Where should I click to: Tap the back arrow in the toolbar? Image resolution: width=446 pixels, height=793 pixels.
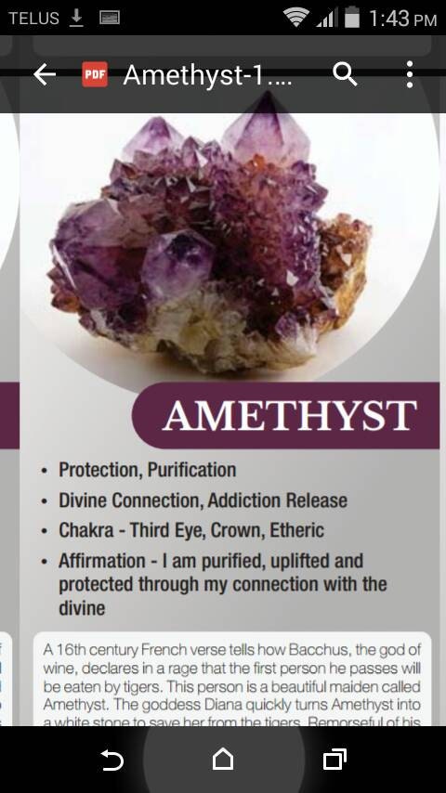click(x=45, y=75)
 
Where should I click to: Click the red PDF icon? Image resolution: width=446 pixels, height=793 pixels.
click(x=95, y=74)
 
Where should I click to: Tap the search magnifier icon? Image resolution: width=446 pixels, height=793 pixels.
click(x=345, y=74)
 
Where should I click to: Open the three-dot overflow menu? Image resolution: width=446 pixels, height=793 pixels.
click(x=409, y=74)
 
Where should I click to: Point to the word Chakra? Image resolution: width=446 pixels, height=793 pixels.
click(x=86, y=530)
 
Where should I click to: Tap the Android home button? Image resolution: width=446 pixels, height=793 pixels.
click(x=223, y=760)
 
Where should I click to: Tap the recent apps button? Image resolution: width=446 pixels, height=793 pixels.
click(x=334, y=760)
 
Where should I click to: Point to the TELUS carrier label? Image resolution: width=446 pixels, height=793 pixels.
click(x=33, y=18)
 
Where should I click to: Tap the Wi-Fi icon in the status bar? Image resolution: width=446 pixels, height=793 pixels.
click(x=296, y=17)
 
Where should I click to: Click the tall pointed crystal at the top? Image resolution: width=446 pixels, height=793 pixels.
click(x=268, y=130)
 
